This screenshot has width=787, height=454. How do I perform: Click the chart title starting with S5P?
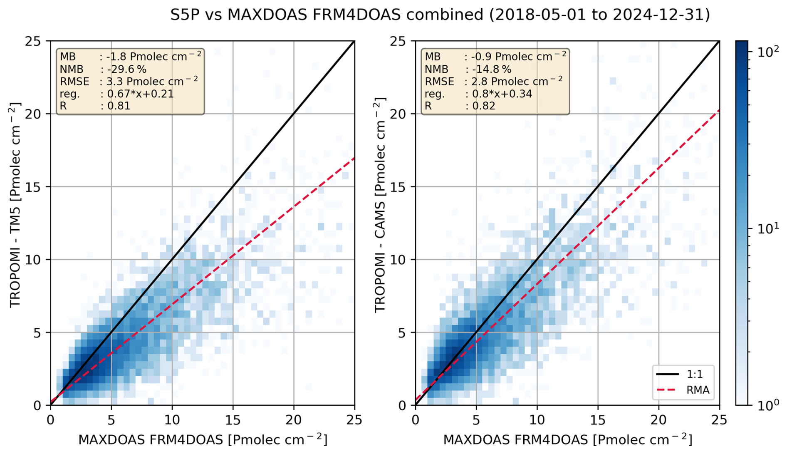pyautogui.click(x=440, y=15)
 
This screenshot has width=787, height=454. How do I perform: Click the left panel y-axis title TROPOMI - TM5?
pyautogui.click(x=15, y=205)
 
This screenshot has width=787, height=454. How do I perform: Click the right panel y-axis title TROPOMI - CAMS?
pyautogui.click(x=380, y=205)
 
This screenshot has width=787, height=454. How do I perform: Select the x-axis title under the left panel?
pyautogui.click(x=203, y=440)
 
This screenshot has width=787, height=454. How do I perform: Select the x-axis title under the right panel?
pyautogui.click(x=567, y=440)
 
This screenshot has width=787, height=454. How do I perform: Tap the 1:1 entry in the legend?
pyautogui.click(x=694, y=375)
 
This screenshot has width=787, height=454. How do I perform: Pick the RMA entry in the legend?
pyautogui.click(x=697, y=390)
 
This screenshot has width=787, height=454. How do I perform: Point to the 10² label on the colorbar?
pyautogui.click(x=763, y=52)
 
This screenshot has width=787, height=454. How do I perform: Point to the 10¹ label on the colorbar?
pyautogui.click(x=763, y=228)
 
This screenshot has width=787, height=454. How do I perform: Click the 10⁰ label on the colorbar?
pyautogui.click(x=763, y=405)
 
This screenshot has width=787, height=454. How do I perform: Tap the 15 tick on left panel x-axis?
pyautogui.click(x=233, y=420)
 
